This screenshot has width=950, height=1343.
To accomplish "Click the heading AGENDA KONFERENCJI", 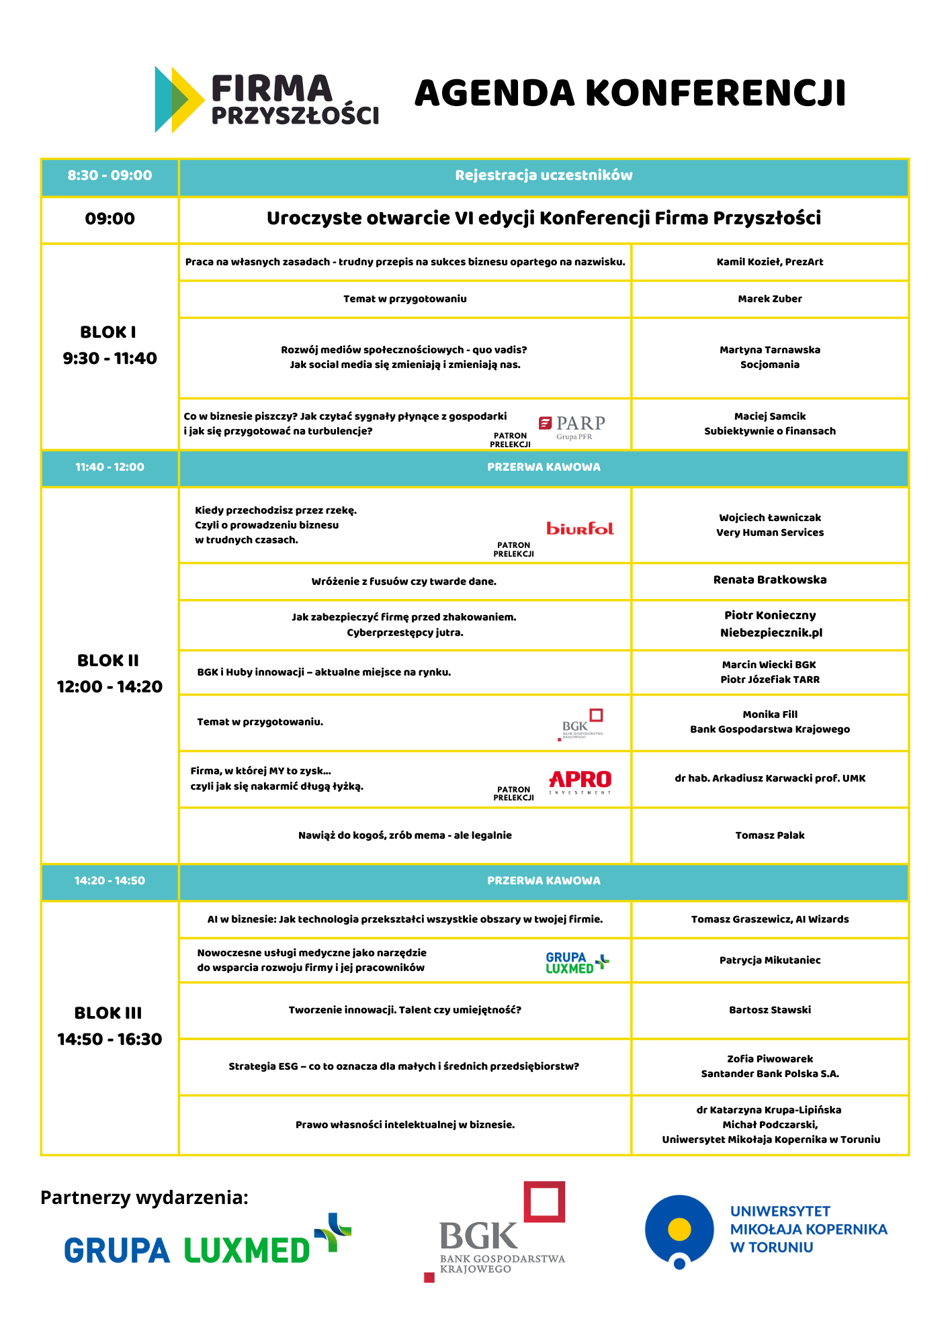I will click(630, 93).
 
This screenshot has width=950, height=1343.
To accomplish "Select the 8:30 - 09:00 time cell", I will click(110, 176).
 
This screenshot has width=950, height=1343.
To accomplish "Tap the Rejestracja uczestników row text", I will click(544, 176).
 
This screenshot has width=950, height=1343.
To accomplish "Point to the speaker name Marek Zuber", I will click(769, 299).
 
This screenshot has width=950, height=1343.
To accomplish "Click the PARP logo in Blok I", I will click(572, 426).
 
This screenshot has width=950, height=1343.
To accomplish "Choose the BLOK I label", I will click(108, 332).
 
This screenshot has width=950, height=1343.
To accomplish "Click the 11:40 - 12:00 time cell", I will click(110, 467).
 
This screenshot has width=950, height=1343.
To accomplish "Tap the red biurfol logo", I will click(580, 528).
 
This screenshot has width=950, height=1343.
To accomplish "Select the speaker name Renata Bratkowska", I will click(770, 580).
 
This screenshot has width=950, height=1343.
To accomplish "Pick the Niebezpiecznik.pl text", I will click(771, 633).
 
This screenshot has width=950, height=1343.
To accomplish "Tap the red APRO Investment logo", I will click(580, 781).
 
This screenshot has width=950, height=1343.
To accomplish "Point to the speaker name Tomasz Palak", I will click(770, 835).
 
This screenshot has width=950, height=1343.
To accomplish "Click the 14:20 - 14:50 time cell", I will click(110, 881).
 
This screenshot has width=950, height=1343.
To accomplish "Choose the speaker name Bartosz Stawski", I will click(770, 1010).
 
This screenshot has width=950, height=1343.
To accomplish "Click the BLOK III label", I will click(108, 1013).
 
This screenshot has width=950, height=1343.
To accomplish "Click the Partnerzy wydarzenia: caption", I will click(144, 1197).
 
